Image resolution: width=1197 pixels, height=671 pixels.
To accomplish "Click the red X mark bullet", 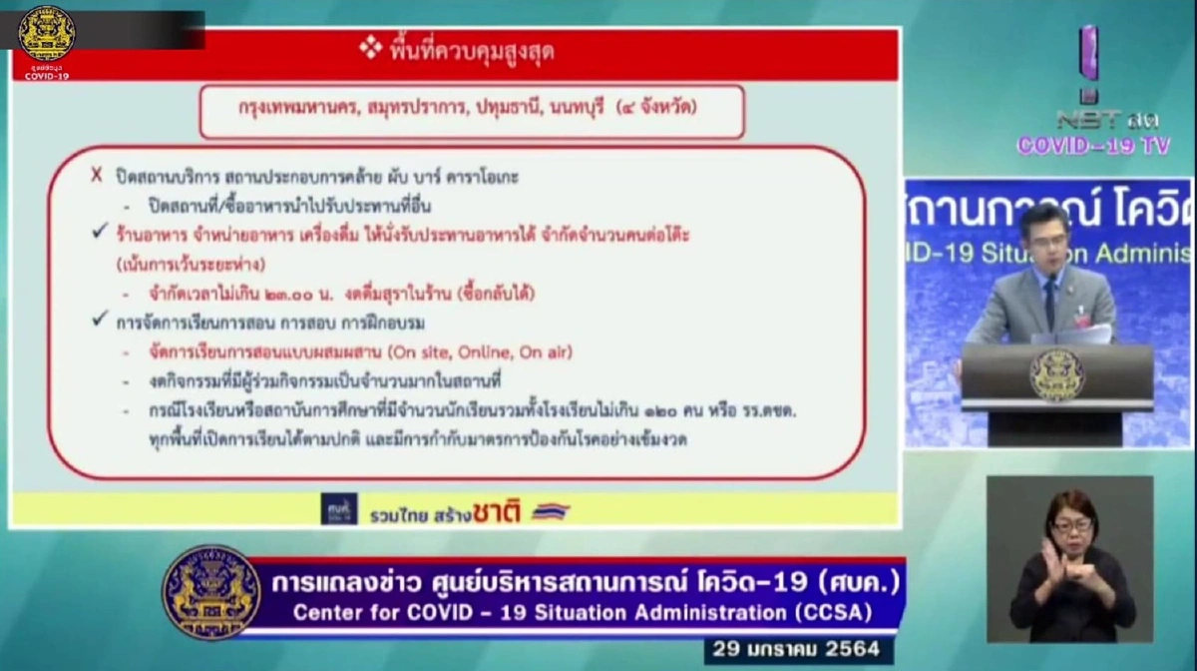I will (x=97, y=175).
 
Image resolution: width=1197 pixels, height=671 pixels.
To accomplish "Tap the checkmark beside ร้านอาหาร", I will (x=98, y=232).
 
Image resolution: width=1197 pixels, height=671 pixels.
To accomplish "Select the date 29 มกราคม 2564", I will (x=798, y=649).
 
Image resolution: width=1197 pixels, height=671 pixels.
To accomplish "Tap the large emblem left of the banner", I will (x=211, y=592).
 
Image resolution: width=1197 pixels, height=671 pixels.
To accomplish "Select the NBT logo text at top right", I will (x=1091, y=119).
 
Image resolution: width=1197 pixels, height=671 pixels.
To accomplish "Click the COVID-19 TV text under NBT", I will (x=1092, y=145).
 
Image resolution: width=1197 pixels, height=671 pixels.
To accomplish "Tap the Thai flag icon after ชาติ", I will (x=550, y=511).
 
